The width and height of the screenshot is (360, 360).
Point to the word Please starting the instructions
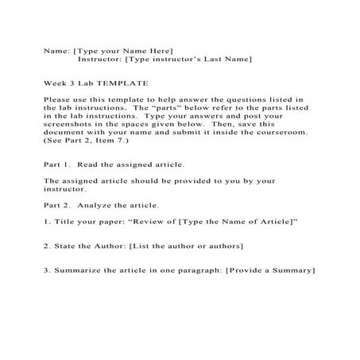click(x=59, y=99)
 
